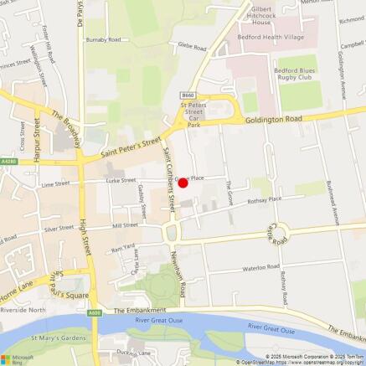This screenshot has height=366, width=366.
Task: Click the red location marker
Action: [x=183, y=183]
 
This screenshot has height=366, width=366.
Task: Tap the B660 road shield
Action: [x=188, y=96]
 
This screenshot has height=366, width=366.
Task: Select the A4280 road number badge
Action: [x=8, y=162]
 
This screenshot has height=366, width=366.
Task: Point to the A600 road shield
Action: [x=95, y=313]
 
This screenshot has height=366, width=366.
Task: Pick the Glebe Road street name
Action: [x=190, y=49]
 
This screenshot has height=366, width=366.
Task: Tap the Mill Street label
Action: [x=125, y=225]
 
